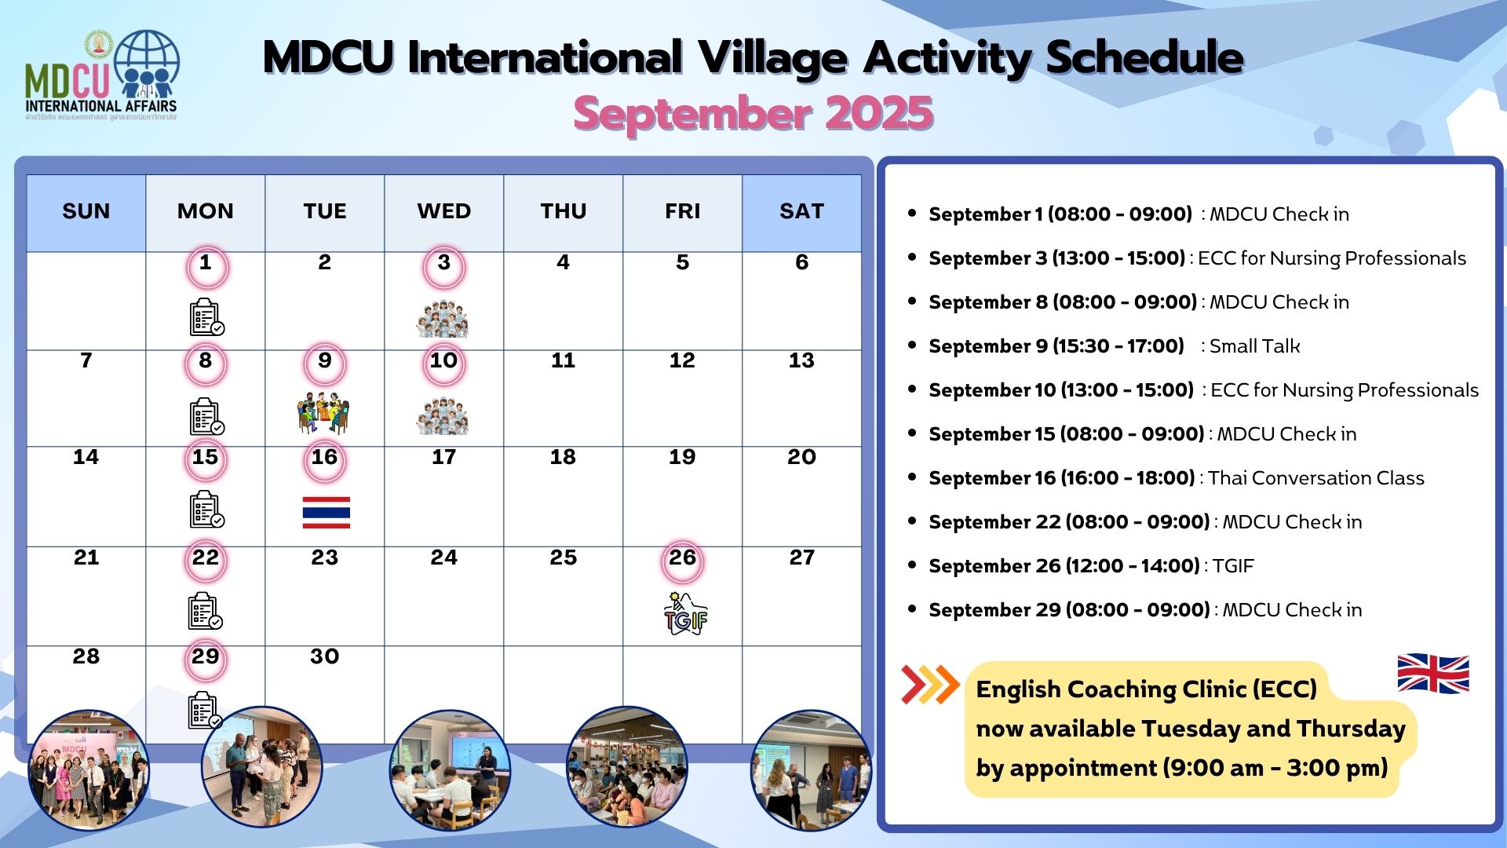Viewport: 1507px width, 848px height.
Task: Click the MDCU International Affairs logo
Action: [x=102, y=75]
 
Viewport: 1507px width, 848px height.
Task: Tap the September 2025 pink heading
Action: [x=753, y=113]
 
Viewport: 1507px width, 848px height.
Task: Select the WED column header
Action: [x=444, y=211]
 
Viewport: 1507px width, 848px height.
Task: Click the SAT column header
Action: [x=801, y=211]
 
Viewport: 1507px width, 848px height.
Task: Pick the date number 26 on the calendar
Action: [x=682, y=557]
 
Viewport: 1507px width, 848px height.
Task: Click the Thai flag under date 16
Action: [x=326, y=512]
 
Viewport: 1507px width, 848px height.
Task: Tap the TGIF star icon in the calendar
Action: [x=685, y=614]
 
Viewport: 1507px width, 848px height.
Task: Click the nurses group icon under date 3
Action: [x=443, y=320]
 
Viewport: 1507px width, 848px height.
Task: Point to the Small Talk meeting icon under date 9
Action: [x=323, y=412]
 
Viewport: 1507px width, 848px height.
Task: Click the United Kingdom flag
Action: [x=1433, y=674]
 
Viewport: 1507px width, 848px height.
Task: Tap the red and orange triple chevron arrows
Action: [x=930, y=685]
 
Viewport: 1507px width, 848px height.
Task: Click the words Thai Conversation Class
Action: [x=1316, y=478]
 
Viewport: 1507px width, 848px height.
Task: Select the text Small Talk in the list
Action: [x=1254, y=346]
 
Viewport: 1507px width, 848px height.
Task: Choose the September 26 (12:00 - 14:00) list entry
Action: [x=1091, y=566]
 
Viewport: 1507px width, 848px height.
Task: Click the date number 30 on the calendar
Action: [x=324, y=656]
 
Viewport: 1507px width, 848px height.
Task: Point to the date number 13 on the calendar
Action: [x=801, y=360]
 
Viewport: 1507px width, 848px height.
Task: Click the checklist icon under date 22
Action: [x=206, y=611]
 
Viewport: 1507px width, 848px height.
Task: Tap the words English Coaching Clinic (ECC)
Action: [x=1147, y=689]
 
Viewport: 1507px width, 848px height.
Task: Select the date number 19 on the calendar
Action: [x=682, y=457]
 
